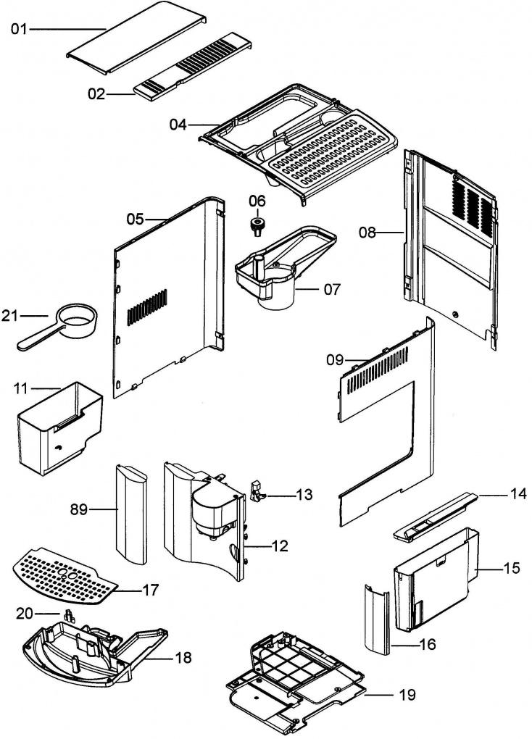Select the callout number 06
point(257,200)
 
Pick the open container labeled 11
point(58,427)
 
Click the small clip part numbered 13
point(256,490)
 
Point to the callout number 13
point(304,496)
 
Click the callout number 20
point(25,614)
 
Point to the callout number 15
point(512,568)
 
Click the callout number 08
point(367,233)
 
